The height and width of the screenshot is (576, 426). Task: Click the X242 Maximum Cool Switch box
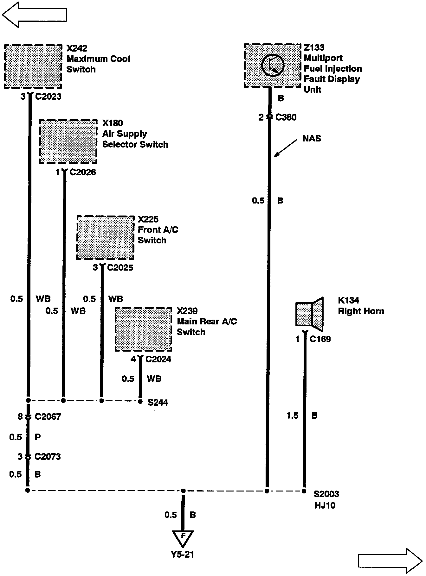coord(33,66)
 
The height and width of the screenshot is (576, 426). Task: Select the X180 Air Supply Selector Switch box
coord(68,141)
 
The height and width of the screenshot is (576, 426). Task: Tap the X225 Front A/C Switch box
coord(105,238)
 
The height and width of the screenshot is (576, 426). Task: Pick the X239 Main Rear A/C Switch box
coord(143,329)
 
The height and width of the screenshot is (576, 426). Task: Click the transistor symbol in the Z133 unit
coord(273,65)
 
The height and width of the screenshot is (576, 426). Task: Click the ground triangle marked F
coord(183,538)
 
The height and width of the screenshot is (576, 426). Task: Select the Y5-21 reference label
coord(182,554)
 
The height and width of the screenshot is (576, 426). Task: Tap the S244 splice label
coord(158,403)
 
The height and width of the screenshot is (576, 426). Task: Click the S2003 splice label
coord(326,494)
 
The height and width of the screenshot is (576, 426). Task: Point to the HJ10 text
coord(325,505)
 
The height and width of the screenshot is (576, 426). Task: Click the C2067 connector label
coord(48,417)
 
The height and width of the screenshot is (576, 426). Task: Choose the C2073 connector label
coord(48,456)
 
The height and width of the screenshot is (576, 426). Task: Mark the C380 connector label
coord(286,117)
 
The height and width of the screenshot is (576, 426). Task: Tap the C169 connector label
coord(320,339)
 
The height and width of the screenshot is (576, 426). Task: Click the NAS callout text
coord(312,138)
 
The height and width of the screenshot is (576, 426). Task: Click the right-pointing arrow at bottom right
coord(390,561)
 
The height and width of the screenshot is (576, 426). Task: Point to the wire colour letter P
coord(38,437)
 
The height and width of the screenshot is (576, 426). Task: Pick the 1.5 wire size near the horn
coord(292,416)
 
